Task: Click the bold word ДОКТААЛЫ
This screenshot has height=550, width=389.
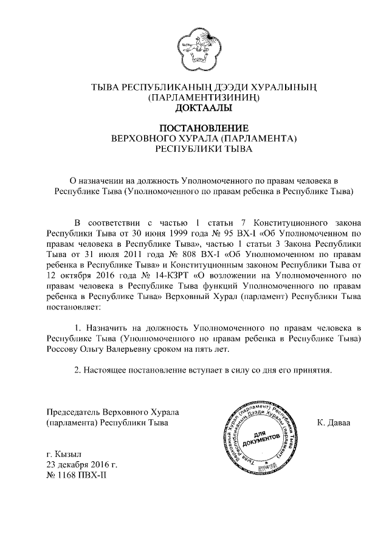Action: pyautogui.click(x=201, y=109)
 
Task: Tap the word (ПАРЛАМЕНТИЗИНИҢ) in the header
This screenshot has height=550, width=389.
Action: pyautogui.click(x=200, y=98)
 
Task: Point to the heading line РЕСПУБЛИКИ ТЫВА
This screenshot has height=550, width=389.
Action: pyautogui.click(x=200, y=149)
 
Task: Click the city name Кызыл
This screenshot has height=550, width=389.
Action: pyautogui.click(x=63, y=453)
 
